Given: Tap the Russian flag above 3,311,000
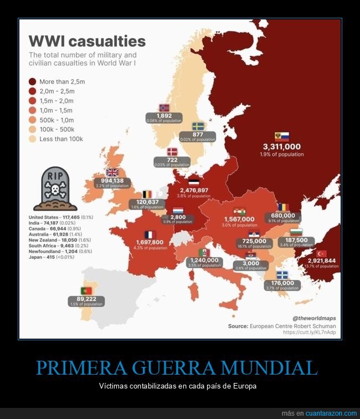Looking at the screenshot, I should point(282,136).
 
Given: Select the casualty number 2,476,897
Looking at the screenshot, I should point(194,190).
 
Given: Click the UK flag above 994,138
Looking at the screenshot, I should point(112,172).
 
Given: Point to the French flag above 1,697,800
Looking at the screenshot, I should point(149,234).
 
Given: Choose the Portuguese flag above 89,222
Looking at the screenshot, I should point(86,290).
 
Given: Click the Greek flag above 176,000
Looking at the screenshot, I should point(282,275).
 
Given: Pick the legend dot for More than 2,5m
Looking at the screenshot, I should point(33,81).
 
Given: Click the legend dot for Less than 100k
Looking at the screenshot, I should point(33,139).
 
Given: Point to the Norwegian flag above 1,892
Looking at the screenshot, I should point(164,108).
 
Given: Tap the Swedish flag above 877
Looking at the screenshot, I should point(198,126).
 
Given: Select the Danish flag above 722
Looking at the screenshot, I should point(173,151).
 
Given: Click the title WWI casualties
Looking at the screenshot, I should point(87,42).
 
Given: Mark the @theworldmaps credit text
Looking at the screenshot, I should point(314,318).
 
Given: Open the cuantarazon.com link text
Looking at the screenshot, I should point(326,413).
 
